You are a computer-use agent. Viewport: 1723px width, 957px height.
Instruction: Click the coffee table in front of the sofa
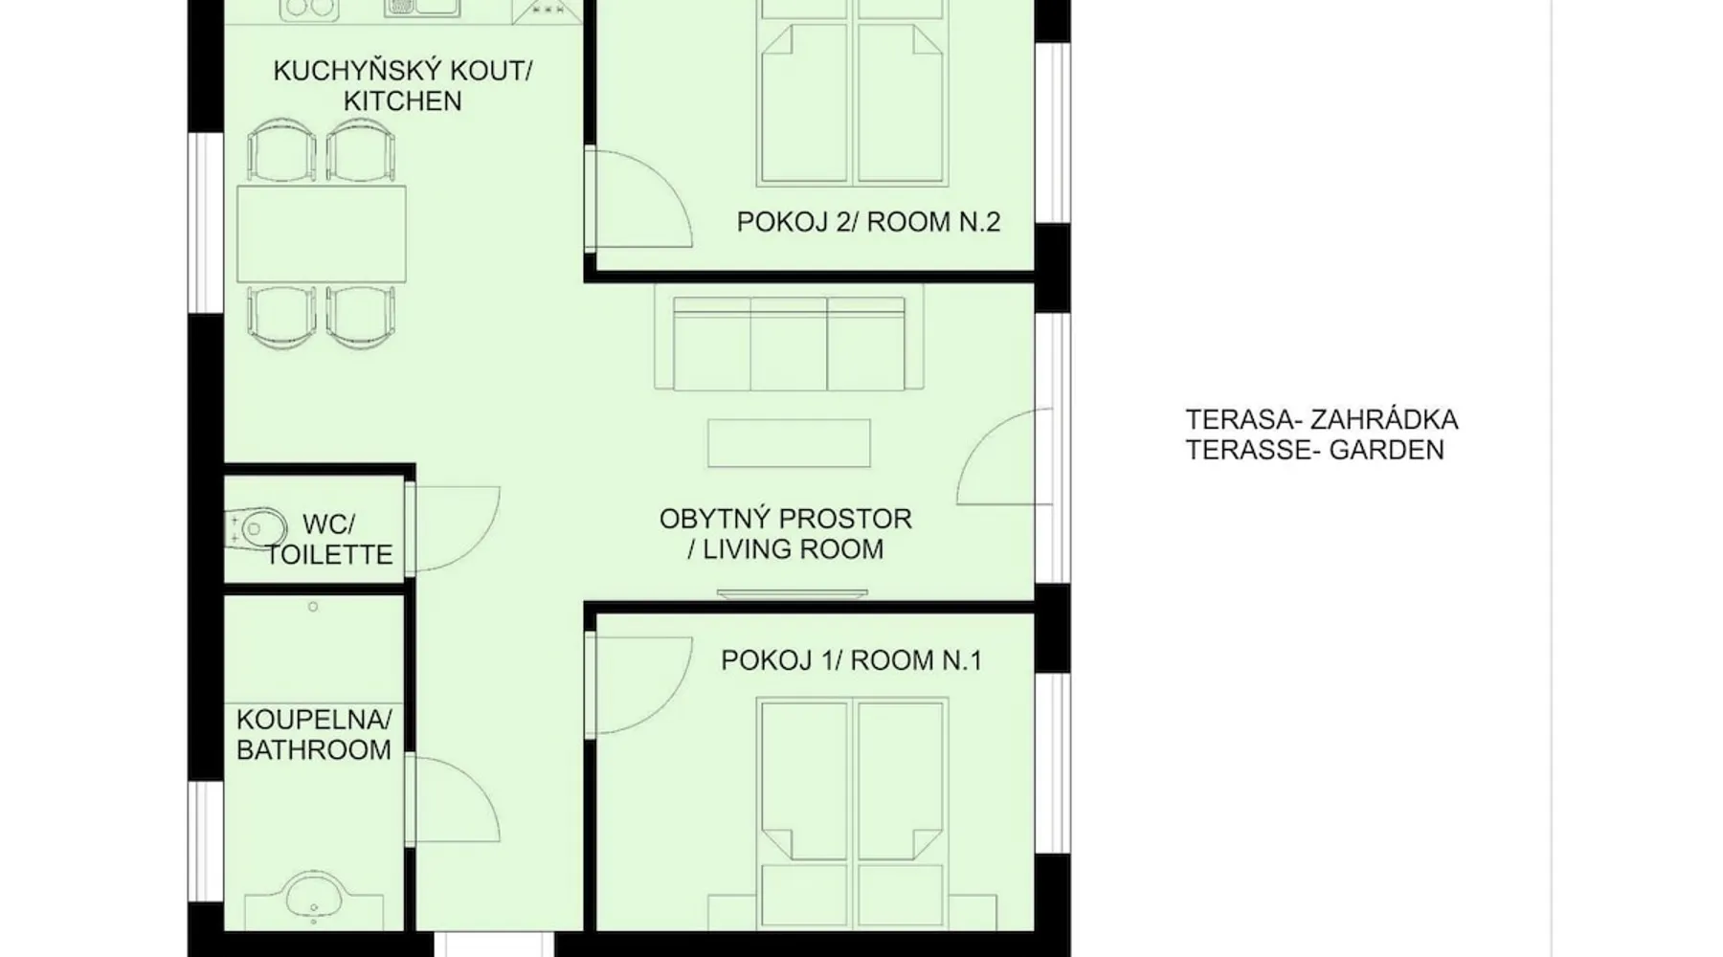point(789,443)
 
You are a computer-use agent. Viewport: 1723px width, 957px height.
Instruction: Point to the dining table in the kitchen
point(321,234)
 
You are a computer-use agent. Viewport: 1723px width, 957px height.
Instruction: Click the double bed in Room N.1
point(853,813)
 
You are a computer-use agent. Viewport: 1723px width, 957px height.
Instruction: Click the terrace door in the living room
point(1005,456)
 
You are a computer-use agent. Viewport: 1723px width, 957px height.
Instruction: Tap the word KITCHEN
point(402,101)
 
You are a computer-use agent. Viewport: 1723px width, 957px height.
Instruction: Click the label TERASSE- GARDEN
point(1314,450)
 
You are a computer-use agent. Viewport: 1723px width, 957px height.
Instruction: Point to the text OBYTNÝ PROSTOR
point(785,519)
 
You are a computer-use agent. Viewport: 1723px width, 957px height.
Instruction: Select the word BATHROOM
point(314,750)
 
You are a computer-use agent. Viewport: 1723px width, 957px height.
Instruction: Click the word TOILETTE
point(329,555)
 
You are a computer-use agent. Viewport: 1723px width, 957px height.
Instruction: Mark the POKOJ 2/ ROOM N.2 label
point(868,222)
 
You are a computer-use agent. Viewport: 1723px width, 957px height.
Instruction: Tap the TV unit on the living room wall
point(792,594)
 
